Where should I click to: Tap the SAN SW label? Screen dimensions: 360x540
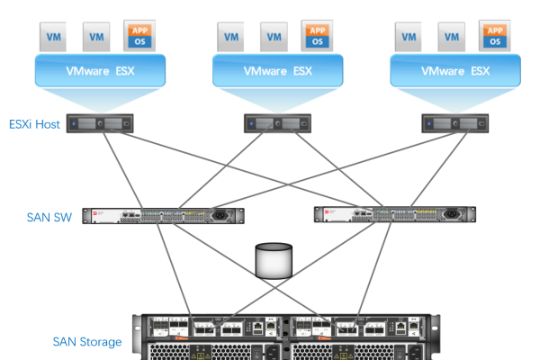[x=49, y=216]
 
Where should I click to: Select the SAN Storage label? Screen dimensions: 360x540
[x=87, y=341]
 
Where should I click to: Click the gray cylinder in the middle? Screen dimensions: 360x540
[x=275, y=259]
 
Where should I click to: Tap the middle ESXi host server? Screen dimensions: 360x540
[x=275, y=123]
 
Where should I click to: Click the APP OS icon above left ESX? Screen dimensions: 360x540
[x=140, y=36]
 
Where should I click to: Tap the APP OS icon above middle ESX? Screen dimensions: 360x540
[x=317, y=36]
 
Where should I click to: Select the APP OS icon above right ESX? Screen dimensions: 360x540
[x=495, y=36]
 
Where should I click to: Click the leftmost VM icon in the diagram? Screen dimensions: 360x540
[x=53, y=37]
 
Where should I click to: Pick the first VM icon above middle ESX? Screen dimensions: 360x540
[x=231, y=37]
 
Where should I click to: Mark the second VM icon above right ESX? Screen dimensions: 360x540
[x=453, y=37]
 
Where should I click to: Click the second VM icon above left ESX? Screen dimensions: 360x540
[x=96, y=37]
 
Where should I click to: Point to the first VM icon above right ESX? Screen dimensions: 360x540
[x=409, y=37]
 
